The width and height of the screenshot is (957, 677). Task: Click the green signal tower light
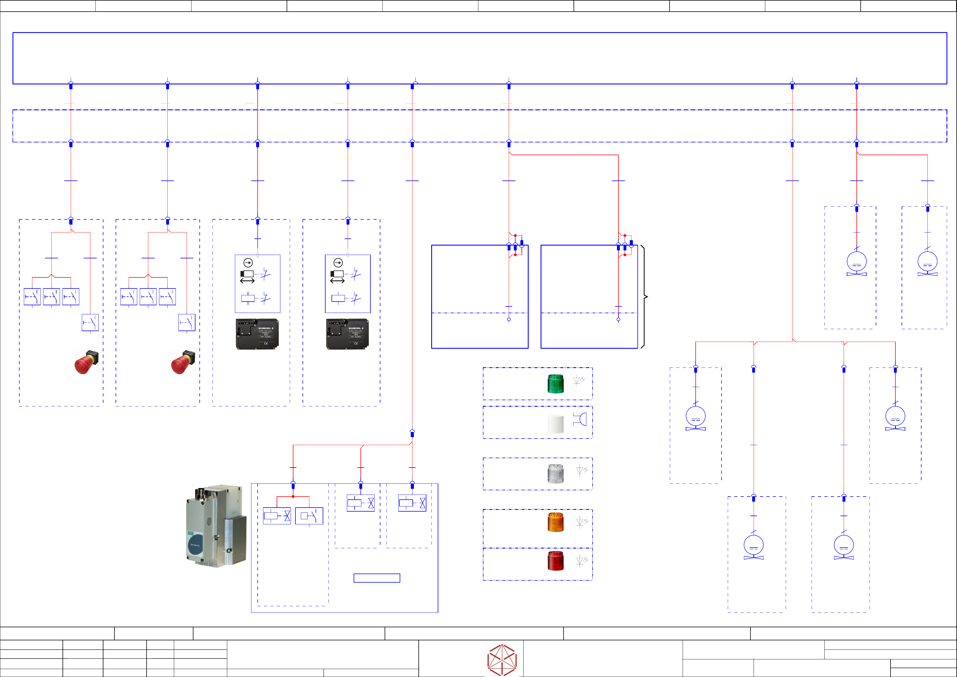tap(556, 383)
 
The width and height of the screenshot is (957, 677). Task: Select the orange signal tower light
tap(556, 522)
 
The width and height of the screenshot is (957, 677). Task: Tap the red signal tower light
tap(556, 561)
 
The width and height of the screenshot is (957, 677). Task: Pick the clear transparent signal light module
tap(556, 474)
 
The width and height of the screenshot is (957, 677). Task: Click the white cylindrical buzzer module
tap(556, 424)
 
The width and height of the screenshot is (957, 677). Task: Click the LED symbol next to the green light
tap(579, 381)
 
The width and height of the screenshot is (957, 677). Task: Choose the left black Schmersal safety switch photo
tap(257, 334)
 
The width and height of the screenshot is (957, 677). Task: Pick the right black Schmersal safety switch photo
tap(347, 334)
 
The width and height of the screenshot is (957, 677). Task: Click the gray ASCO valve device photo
tap(216, 526)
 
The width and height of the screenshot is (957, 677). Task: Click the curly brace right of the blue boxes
tap(644, 297)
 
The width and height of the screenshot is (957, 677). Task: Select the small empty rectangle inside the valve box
tap(377, 578)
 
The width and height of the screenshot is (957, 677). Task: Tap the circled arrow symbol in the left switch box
tap(248, 263)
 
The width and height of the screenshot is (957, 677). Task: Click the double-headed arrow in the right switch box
tap(337, 281)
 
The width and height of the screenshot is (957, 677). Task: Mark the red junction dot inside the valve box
tap(293, 497)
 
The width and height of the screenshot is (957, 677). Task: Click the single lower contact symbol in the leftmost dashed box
tap(90, 322)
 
